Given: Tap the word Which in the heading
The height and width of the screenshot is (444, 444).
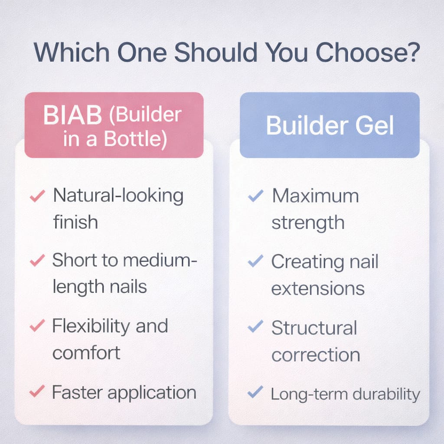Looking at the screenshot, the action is pyautogui.click(x=72, y=52).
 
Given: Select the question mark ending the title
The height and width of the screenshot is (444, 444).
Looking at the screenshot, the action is pyautogui.click(x=413, y=52).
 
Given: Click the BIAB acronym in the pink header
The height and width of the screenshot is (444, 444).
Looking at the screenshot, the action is pyautogui.click(x=72, y=115).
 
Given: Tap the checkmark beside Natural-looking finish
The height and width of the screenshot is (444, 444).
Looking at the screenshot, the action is pyautogui.click(x=37, y=196).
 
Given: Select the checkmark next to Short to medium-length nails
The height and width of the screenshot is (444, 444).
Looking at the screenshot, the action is pyautogui.click(x=37, y=260).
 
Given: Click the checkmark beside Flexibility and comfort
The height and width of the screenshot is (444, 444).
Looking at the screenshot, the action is pyautogui.click(x=37, y=325).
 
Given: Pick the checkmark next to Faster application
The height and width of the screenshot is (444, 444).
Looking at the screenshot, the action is pyautogui.click(x=37, y=391).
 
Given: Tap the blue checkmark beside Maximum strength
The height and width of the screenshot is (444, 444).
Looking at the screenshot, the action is pyautogui.click(x=256, y=196).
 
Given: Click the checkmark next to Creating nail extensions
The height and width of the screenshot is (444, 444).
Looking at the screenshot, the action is pyautogui.click(x=256, y=261).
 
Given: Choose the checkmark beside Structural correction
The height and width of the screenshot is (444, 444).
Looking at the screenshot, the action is pyautogui.click(x=256, y=326).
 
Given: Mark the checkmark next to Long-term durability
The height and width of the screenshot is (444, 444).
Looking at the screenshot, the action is pyautogui.click(x=255, y=392).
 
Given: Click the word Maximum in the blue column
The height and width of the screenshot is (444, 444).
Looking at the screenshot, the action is pyautogui.click(x=315, y=196).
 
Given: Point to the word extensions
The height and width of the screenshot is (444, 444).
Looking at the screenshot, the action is pyautogui.click(x=318, y=289).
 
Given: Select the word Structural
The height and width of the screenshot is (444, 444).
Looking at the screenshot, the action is pyautogui.click(x=314, y=328).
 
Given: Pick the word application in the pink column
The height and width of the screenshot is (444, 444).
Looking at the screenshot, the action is pyautogui.click(x=152, y=393).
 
